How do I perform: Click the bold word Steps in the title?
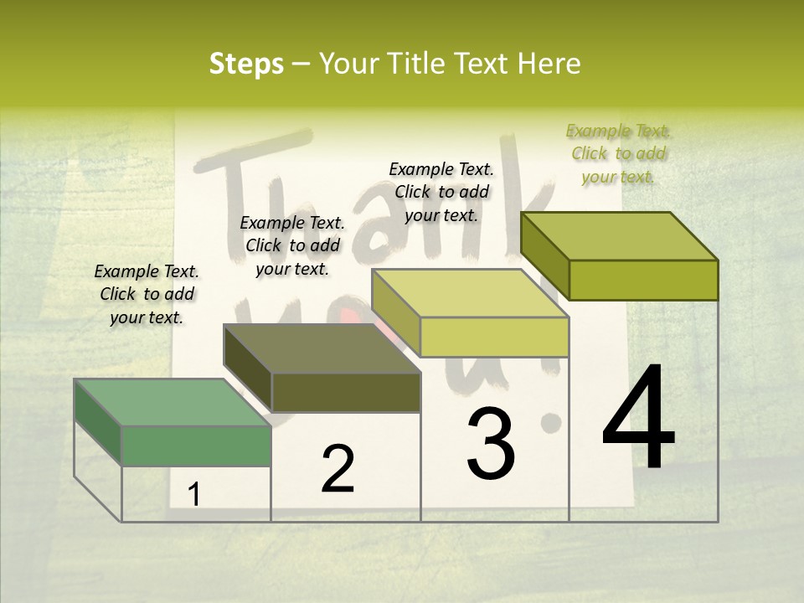[x=246, y=64]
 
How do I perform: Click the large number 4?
[x=638, y=419]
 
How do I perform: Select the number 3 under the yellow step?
[x=491, y=444]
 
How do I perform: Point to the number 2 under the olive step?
[x=338, y=469]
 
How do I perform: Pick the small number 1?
[x=194, y=494]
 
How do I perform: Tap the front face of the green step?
[x=196, y=446]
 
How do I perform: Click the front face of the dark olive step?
[x=345, y=392]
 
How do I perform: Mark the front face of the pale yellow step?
[x=494, y=337]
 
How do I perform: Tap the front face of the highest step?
[x=643, y=280]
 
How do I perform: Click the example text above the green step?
[x=147, y=295]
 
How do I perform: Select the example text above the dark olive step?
[x=292, y=246]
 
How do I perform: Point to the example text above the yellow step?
[x=441, y=193]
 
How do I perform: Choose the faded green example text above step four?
[x=618, y=154]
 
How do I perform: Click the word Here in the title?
[x=549, y=64]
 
